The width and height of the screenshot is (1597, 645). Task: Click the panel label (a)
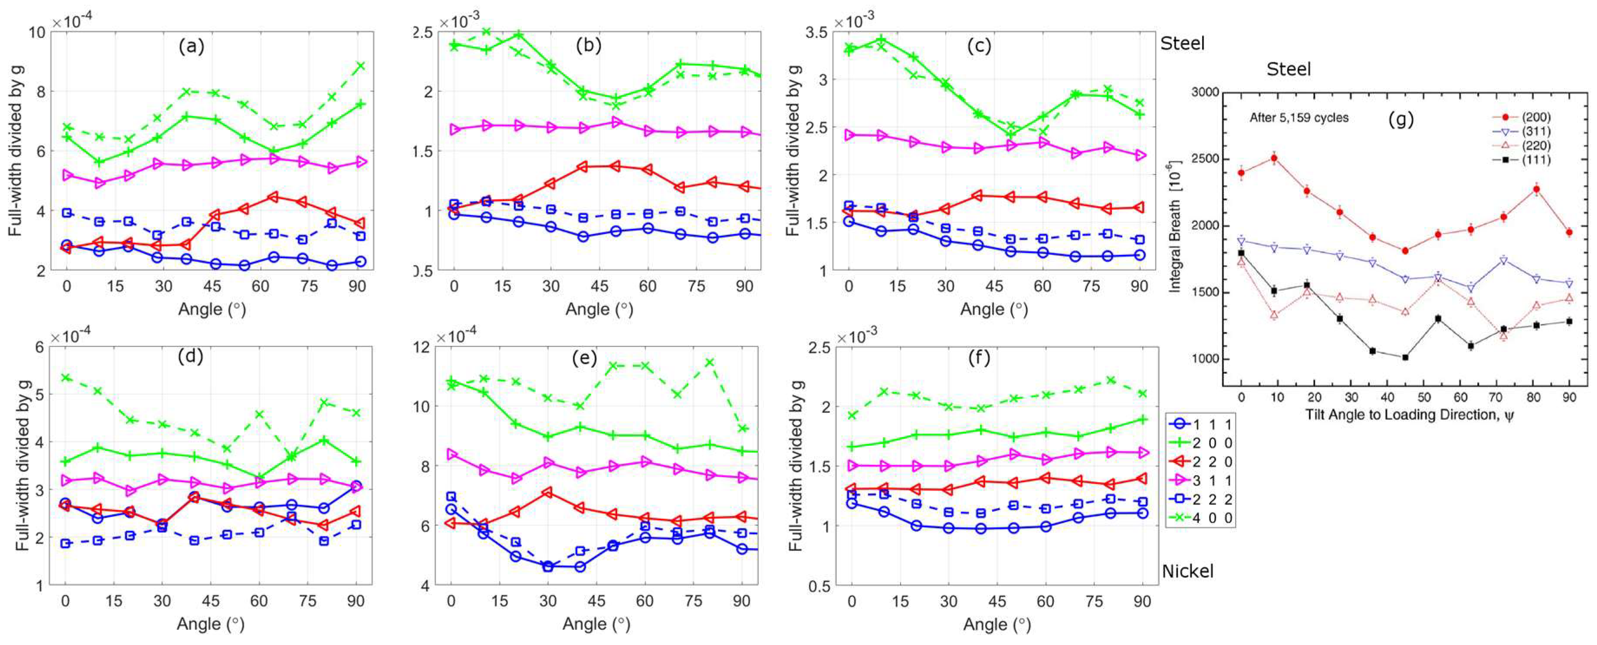[191, 46]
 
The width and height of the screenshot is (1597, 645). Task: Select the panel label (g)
[1400, 119]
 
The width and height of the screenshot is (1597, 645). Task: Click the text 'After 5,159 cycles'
[1299, 118]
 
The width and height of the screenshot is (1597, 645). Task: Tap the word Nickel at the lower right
[1187, 571]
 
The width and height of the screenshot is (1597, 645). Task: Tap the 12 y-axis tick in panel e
[425, 347]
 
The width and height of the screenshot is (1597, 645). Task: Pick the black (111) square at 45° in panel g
[1405, 357]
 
